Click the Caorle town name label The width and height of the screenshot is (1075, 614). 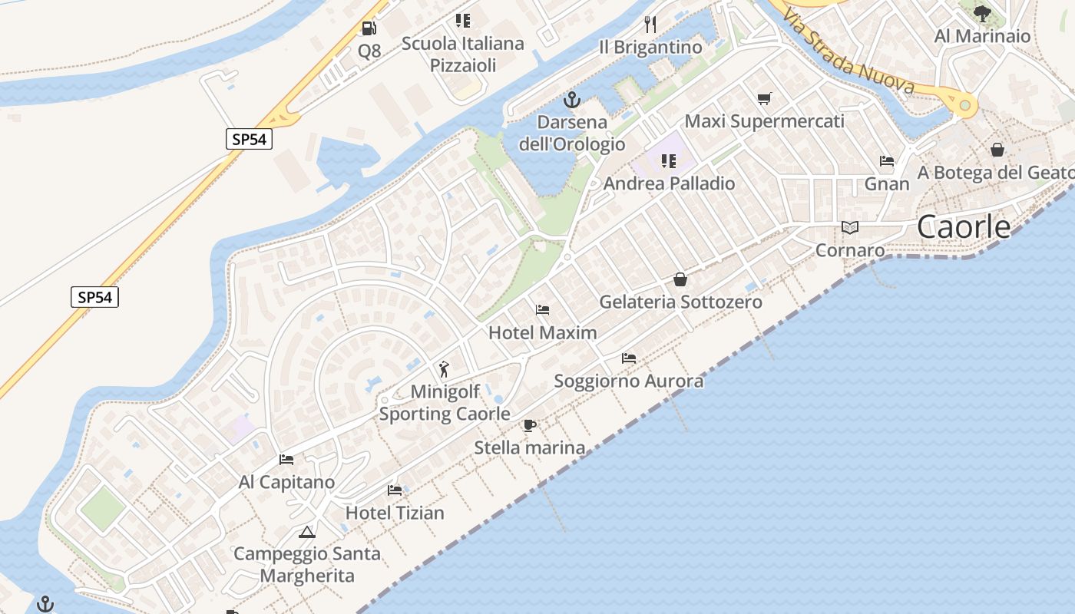coord(964,227)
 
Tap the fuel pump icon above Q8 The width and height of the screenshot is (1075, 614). coord(369,28)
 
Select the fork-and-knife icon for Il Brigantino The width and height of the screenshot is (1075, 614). coord(650,24)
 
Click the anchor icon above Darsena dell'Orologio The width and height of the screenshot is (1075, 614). coord(571,100)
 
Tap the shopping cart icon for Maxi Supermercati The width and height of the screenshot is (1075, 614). coord(764,98)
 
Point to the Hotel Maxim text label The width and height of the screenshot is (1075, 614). coord(542,333)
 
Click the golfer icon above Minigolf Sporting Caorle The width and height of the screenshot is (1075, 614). coord(444,369)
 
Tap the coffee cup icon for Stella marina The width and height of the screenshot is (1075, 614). coord(529,425)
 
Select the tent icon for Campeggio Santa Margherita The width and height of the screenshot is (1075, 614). coord(307,532)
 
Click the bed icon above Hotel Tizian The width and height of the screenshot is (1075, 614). coord(395,490)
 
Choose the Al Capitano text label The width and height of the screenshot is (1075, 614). coord(286,482)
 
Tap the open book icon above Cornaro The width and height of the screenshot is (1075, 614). coord(849,227)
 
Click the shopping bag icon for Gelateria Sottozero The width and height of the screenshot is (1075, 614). coord(680,279)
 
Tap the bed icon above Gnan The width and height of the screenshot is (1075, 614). coord(887,161)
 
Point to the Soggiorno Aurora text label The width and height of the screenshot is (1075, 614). coord(628,381)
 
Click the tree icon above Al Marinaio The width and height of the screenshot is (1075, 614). coord(982,13)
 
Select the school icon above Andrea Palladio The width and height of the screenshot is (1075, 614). coord(669,161)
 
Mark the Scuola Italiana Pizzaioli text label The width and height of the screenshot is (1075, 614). coord(462,54)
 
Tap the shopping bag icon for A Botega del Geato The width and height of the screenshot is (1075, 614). coord(997,150)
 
